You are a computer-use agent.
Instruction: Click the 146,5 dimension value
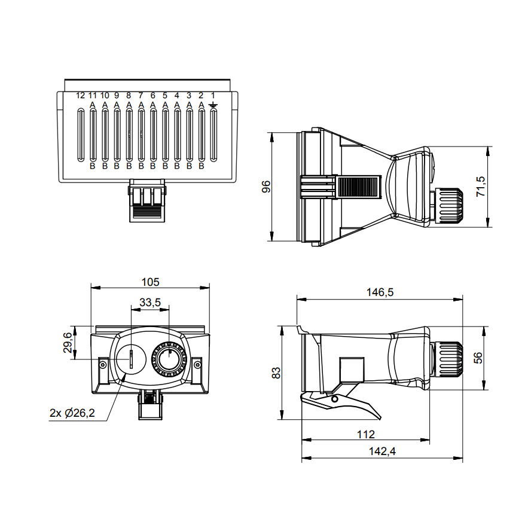pos(380,292)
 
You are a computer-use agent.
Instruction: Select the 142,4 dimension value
pos(383,451)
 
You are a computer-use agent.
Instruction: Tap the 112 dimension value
pos(365,434)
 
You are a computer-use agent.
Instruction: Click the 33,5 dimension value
pos(150,303)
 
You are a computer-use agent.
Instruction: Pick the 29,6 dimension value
pos(68,343)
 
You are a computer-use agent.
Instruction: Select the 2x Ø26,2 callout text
pos(72,413)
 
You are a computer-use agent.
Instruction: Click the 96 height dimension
pos(267,187)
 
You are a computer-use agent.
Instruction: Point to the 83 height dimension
pos(276,373)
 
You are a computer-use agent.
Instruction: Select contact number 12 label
pos(81,95)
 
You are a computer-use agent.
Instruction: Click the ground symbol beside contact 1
pos(213,105)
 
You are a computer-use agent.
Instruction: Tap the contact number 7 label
pos(141,95)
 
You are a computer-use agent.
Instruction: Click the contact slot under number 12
pos(81,135)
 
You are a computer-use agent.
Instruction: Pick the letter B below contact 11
pos(93,166)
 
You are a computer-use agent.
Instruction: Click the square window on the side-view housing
pos(352,370)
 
